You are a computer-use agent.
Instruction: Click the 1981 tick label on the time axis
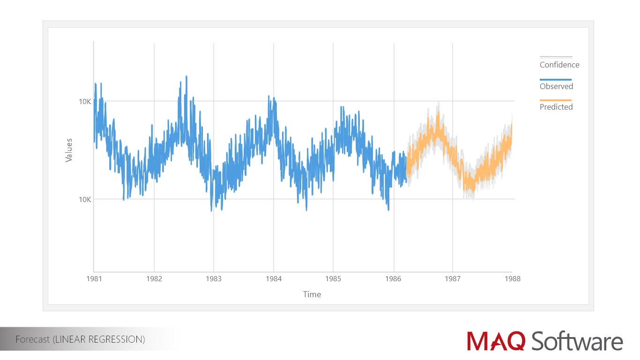(94, 278)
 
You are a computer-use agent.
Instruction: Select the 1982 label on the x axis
(154, 278)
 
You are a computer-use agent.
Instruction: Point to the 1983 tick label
(214, 278)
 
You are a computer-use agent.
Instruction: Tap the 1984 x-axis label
(274, 278)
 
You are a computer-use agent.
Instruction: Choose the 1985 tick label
(333, 278)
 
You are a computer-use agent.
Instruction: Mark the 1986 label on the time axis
(393, 278)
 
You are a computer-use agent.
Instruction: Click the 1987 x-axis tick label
(453, 278)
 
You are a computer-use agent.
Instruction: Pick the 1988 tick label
(512, 278)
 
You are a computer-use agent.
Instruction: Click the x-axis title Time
(312, 294)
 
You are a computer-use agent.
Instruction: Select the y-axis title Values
(69, 150)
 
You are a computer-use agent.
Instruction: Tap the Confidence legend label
(559, 65)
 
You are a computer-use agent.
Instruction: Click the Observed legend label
(556, 86)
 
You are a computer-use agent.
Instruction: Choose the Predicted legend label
(556, 107)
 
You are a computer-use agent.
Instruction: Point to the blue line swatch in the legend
(556, 80)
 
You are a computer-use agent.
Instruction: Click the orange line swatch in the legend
(556, 100)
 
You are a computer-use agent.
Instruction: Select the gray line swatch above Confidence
(556, 57)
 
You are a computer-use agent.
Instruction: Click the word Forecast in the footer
(32, 339)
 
